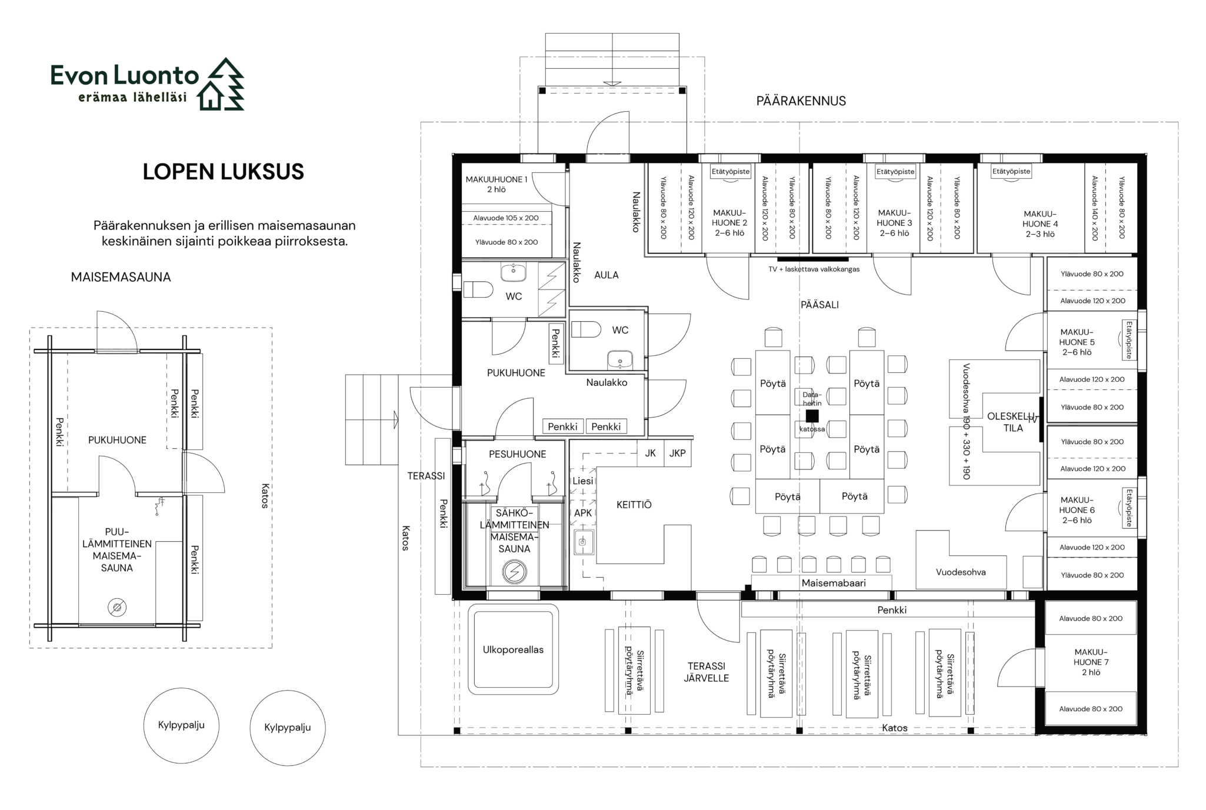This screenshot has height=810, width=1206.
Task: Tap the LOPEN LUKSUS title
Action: [224, 172]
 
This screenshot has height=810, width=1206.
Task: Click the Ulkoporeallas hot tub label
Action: [513, 650]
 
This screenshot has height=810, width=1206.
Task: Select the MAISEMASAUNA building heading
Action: [121, 277]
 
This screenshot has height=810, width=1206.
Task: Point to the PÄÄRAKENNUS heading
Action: [801, 101]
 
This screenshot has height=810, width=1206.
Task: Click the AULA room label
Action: [607, 275]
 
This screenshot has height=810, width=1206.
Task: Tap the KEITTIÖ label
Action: [634, 505]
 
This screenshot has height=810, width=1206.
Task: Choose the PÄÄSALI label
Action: [819, 305]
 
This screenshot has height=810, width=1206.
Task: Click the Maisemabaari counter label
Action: [834, 583]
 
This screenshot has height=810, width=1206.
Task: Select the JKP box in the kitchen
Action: [678, 454]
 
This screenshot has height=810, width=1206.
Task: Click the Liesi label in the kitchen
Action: [583, 481]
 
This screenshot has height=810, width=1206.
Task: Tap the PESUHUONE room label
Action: [518, 454]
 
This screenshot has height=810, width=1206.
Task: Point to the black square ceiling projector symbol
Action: [812, 416]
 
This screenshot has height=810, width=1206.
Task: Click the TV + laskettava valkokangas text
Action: [814, 269]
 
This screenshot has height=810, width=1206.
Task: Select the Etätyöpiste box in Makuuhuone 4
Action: [1011, 172]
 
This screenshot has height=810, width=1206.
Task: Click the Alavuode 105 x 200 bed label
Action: [506, 218]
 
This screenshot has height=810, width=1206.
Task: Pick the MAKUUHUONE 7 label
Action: [1091, 662]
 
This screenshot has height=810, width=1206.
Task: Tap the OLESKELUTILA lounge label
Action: [1013, 422]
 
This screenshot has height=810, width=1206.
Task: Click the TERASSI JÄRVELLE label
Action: [707, 672]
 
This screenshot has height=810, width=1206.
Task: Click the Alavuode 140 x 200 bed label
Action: [1095, 209]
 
